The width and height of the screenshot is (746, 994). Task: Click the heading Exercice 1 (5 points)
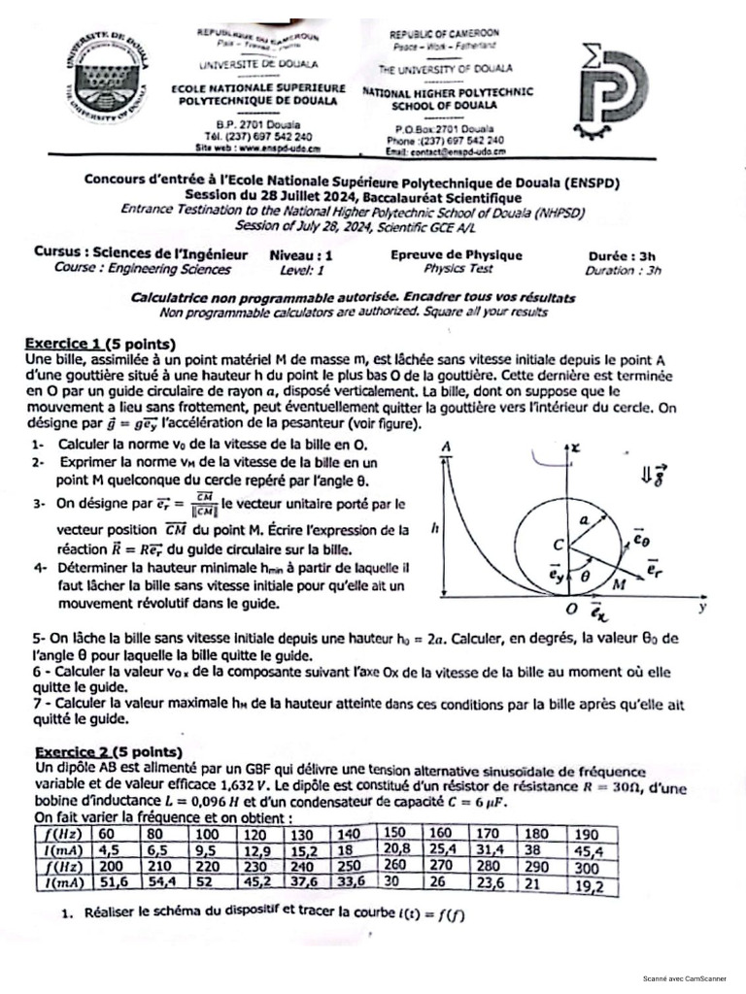99,344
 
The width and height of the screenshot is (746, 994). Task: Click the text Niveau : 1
301,255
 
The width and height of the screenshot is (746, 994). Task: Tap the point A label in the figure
447,446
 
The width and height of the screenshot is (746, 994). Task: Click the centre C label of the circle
558,546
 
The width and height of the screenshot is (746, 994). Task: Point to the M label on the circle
619,584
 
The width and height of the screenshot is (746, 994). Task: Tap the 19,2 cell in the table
589,884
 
